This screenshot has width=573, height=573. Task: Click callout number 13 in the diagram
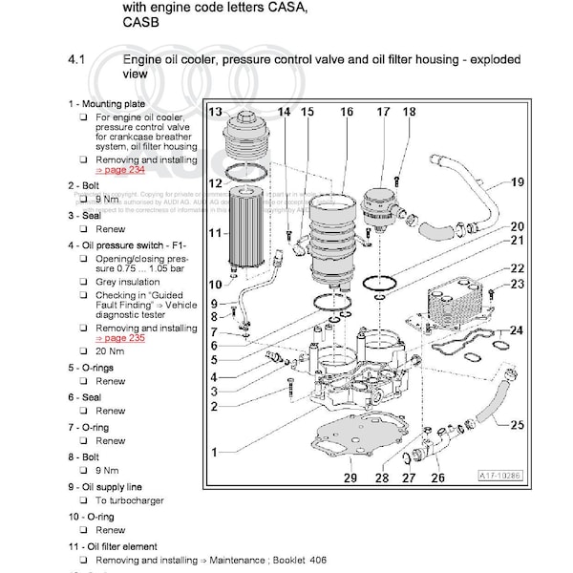[x=216, y=112]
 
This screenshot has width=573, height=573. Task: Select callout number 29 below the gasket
[x=350, y=477]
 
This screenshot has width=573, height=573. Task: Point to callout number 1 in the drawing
[x=217, y=450]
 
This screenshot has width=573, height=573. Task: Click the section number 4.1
[x=77, y=60]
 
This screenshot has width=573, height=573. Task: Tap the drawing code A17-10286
[x=499, y=473]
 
